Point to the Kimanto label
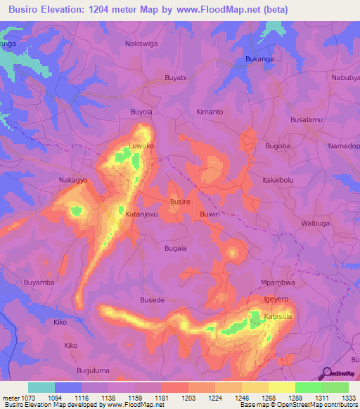[x=210, y=112]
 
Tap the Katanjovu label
[x=141, y=213]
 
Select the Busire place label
[x=180, y=201]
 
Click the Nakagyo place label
[x=73, y=180]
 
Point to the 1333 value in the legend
[x=348, y=397]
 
